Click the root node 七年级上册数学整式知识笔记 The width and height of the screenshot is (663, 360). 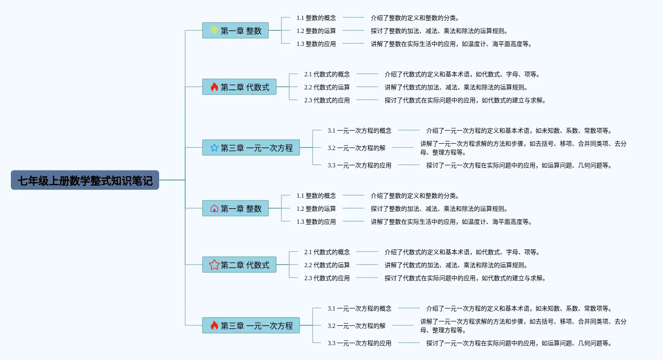(85, 180)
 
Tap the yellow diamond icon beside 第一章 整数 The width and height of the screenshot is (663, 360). (214, 30)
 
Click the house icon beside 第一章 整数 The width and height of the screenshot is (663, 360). (214, 209)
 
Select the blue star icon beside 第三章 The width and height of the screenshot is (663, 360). (214, 148)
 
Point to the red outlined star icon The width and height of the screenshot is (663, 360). (214, 265)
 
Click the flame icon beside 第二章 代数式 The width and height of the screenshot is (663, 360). (214, 87)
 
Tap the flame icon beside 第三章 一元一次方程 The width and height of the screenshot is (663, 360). (214, 325)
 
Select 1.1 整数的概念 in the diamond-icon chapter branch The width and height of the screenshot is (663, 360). (316, 18)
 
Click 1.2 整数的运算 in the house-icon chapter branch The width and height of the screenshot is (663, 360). (316, 209)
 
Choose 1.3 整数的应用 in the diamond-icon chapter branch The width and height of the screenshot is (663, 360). (316, 44)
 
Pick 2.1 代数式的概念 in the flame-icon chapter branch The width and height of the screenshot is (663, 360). (327, 74)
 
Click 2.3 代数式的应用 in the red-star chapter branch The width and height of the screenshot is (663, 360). (327, 278)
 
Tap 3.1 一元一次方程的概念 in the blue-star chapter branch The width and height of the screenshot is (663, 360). (359, 131)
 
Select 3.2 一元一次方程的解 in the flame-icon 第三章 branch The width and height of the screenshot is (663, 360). (356, 326)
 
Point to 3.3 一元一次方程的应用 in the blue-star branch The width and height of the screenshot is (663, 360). (359, 165)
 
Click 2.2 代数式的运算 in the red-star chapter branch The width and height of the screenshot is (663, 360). (327, 265)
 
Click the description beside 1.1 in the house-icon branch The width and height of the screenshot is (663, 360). (415, 196)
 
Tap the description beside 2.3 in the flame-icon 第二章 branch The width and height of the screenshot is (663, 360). (465, 100)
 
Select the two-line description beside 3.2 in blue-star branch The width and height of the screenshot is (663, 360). (523, 148)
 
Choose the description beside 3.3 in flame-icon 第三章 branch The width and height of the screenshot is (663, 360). (519, 343)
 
